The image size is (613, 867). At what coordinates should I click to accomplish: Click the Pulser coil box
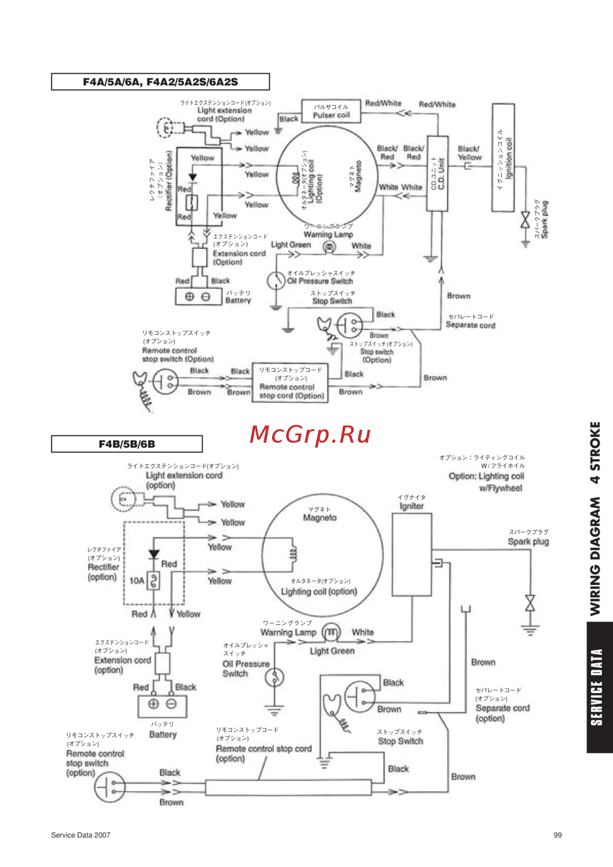point(331,111)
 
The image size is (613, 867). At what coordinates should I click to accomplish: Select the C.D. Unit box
point(438,174)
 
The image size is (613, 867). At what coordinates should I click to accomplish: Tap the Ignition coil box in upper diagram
point(503,158)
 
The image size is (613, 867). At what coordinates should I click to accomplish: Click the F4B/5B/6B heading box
point(127,444)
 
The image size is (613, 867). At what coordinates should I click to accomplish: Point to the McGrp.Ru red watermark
point(310,435)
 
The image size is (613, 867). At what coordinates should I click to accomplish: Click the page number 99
point(557,835)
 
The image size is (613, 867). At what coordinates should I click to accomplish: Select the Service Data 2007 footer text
point(81,835)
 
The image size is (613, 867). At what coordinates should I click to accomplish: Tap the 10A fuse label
point(136,580)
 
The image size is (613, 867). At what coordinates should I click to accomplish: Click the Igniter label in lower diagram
point(411,506)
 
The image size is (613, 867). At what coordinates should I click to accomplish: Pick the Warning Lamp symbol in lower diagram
point(331,632)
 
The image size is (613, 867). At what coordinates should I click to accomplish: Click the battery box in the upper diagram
point(198,297)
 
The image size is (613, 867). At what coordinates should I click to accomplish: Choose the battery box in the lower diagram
point(162,705)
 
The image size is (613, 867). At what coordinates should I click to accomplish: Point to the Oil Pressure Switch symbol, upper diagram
point(276,281)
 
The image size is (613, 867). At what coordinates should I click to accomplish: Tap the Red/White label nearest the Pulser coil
point(383,103)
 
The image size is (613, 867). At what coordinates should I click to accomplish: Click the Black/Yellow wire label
point(470,153)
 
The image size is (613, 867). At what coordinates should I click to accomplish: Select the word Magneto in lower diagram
point(319,518)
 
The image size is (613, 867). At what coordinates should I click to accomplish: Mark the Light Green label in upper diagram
point(291,245)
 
